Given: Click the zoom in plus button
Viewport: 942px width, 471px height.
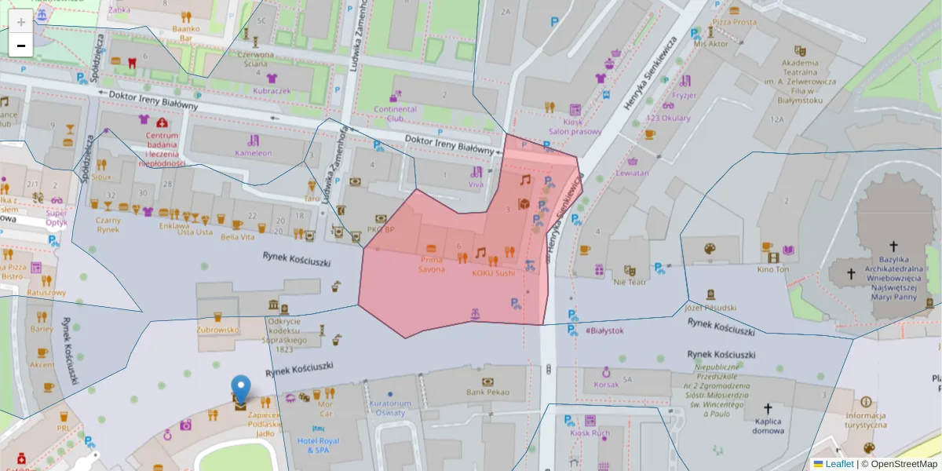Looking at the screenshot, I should pyautogui.click(x=21, y=21).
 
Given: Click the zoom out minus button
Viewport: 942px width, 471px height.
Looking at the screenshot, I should pyautogui.click(x=21, y=46).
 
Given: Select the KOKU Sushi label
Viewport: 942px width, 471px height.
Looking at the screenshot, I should pyautogui.click(x=493, y=273).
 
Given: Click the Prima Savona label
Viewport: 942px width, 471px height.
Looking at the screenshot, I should pyautogui.click(x=431, y=264).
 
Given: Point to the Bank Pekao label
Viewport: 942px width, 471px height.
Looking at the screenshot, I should pyautogui.click(x=487, y=392).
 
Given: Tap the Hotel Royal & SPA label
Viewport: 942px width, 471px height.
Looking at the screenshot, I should pyautogui.click(x=318, y=446).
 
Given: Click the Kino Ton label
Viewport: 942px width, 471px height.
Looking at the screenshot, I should pyautogui.click(x=773, y=269).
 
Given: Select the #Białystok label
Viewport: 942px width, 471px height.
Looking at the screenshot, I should pyautogui.click(x=604, y=330).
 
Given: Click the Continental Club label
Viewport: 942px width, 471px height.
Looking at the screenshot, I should pyautogui.click(x=395, y=114).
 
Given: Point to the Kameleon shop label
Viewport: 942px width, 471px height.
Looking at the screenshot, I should pyautogui.click(x=253, y=153).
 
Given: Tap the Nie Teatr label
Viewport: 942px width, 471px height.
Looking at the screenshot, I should pyautogui.click(x=630, y=281).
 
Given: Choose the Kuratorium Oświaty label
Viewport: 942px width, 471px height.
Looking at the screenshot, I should pyautogui.click(x=390, y=407).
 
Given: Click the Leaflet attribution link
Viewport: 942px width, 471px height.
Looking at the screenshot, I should pyautogui.click(x=839, y=464).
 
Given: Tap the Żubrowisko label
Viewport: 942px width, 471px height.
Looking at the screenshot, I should pyautogui.click(x=217, y=330).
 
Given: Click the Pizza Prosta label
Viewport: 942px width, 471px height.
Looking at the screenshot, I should pyautogui.click(x=734, y=22).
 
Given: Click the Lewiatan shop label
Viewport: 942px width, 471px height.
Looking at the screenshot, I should pyautogui.click(x=633, y=173).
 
